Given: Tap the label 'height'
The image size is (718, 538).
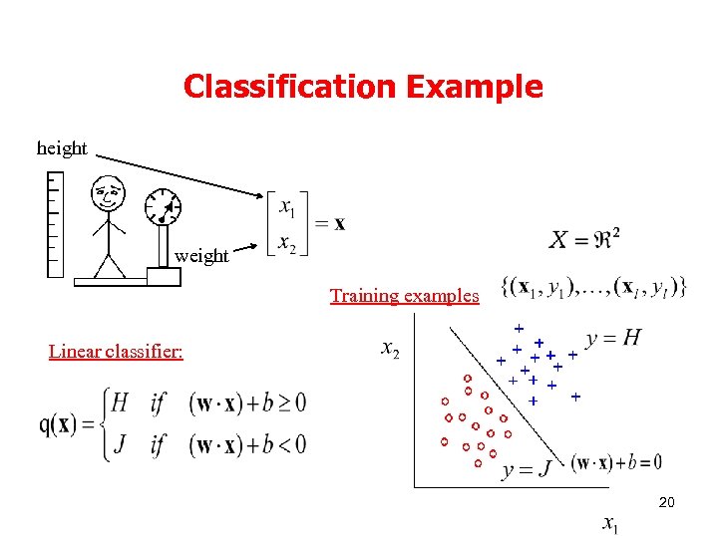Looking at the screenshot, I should point(62,148).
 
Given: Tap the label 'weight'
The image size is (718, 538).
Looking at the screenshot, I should point(201,256).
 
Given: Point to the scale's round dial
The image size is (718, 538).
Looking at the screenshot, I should point(163,206).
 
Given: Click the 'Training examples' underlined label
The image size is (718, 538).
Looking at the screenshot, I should point(404,296).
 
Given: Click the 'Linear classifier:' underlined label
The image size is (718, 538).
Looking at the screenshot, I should point(116,352).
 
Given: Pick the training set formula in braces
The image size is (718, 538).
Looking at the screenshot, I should point(596,288).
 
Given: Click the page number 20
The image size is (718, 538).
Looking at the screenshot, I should point(666,503).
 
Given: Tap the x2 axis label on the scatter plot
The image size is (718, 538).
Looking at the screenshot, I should point(392,350).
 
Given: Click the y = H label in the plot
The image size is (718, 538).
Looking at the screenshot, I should point(613,339).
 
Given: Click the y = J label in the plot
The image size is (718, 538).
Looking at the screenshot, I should point(528,469).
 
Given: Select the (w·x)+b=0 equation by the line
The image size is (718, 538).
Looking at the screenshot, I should point(616,462).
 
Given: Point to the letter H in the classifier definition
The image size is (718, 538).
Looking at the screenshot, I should point(120,403).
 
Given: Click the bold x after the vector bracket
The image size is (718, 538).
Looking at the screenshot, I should point(340,223).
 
